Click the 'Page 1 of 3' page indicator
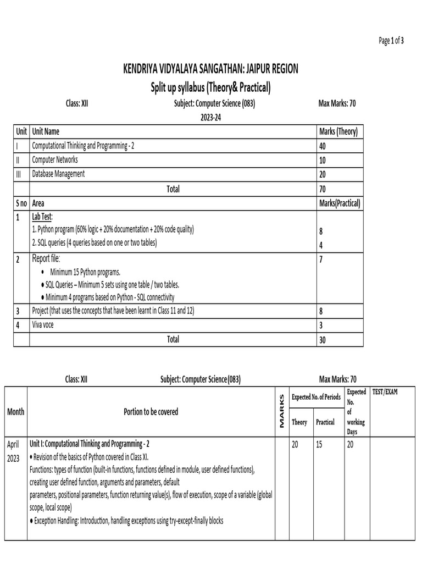pos(391,41)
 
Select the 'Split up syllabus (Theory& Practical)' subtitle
pos(210,87)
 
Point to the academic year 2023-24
pos(210,117)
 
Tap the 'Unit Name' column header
pos(46,131)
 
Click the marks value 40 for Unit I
pos(324,146)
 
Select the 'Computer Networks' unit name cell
pos(55,160)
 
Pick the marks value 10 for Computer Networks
pos(323,160)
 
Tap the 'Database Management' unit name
pos(58,174)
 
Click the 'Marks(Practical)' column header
pos(339,203)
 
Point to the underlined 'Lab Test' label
pos(42,217)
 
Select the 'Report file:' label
pos(46,259)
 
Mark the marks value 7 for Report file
pos(321,259)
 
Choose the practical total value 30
pos(323,340)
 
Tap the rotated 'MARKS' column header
pos(282,412)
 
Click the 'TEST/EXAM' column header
pos(385,392)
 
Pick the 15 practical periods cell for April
pos(319,444)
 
